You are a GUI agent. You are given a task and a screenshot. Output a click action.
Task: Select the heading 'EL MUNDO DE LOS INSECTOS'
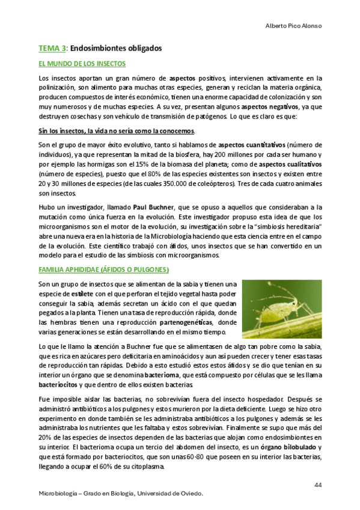point(82,63)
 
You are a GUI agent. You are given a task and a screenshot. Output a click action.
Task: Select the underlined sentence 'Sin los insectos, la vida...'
point(116,131)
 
